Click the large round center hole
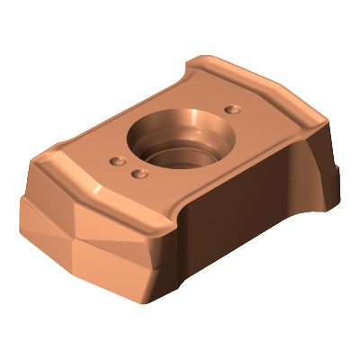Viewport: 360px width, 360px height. click(x=177, y=144)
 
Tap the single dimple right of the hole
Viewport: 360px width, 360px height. click(x=234, y=108)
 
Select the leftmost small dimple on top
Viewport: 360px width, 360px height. click(x=116, y=162)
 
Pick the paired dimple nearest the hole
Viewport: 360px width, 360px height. click(x=138, y=172)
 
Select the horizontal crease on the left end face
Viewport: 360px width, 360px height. click(x=72, y=239)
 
